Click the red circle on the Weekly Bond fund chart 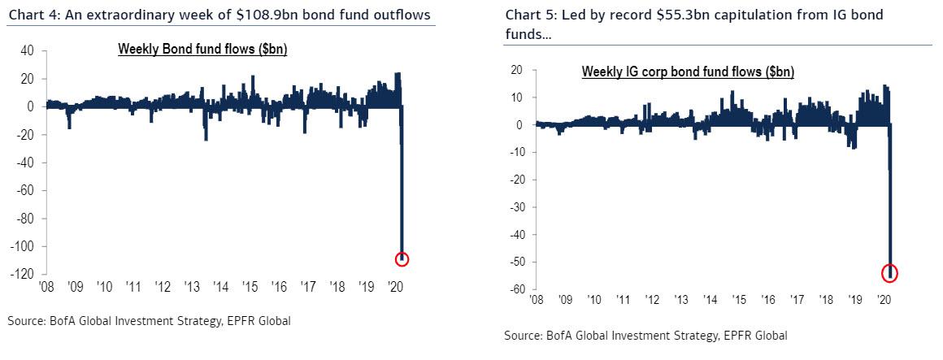point(402,259)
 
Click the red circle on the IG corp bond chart point(889,273)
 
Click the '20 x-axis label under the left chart point(398,287)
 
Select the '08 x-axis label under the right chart point(536,301)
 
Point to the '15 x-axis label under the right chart point(738,301)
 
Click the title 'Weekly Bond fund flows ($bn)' point(202,50)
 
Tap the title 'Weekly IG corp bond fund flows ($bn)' point(688,72)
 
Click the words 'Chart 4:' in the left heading point(30,15)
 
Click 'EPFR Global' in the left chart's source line point(259,321)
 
